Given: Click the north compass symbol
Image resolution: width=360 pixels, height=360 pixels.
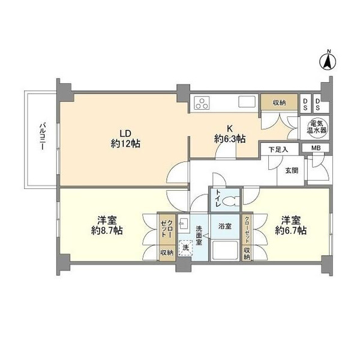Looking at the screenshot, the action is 328,61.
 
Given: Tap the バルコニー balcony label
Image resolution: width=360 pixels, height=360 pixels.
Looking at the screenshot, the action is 43,137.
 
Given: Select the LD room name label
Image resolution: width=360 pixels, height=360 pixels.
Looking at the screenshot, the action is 125,133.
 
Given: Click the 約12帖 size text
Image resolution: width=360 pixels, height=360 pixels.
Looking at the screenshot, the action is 125,144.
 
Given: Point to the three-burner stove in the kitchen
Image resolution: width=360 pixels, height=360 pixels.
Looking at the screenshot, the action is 202,103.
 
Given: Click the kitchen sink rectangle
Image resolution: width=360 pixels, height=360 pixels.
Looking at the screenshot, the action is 247,102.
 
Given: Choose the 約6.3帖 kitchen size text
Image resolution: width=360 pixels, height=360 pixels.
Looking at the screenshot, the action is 230,139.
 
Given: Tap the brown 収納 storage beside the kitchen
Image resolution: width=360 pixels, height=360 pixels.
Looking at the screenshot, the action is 279,103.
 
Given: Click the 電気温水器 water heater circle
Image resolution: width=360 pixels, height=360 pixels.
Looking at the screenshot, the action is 317,128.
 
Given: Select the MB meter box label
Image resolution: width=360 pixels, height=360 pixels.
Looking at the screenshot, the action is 316,148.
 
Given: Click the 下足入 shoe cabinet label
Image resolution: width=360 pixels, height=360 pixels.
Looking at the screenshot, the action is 278,149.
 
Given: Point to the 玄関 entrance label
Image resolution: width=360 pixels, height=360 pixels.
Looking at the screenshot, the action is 292,170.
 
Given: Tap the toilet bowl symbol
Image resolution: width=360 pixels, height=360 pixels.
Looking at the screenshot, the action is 230,202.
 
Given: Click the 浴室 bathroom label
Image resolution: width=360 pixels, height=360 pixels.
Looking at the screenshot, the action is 225,226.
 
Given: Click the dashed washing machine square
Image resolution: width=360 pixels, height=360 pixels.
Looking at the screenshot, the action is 186,248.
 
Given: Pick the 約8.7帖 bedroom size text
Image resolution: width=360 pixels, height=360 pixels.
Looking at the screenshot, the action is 107,230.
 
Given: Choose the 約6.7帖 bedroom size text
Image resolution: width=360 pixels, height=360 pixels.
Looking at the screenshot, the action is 291,230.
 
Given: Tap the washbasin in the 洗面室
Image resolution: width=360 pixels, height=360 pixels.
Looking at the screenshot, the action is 184,224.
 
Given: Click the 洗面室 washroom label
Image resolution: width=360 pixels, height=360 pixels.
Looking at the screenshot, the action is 199,236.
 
